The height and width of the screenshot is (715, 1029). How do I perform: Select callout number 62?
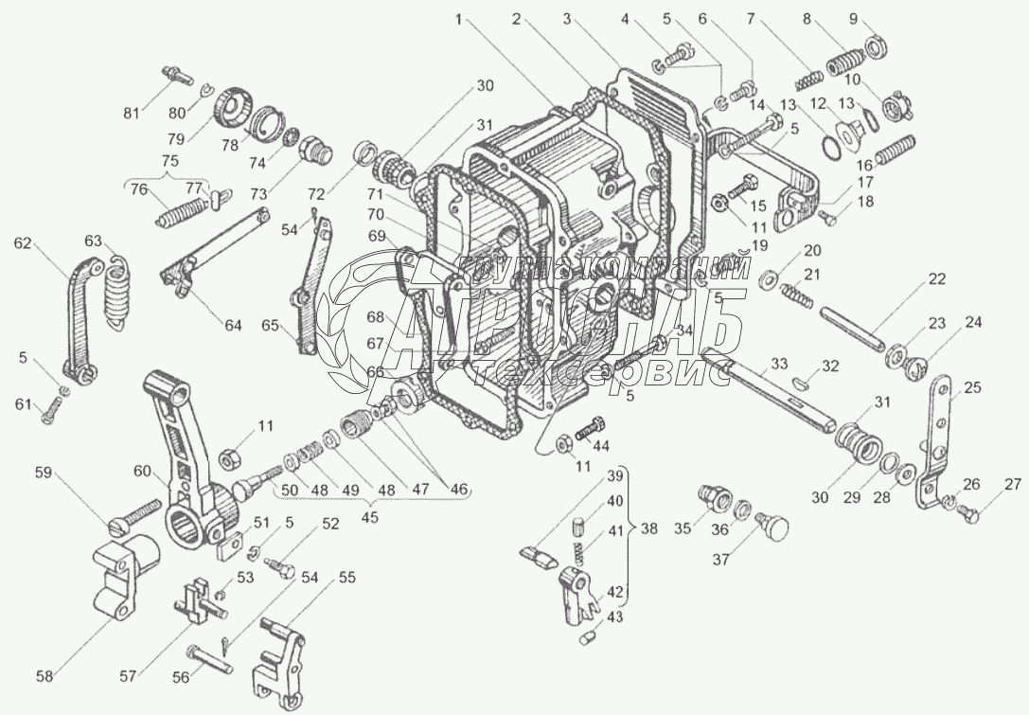[22, 243]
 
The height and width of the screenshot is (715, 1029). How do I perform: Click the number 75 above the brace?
[169, 160]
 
